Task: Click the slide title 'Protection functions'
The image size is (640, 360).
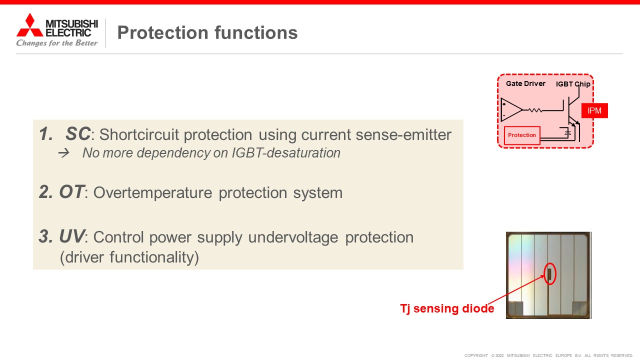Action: pyautogui.click(x=207, y=32)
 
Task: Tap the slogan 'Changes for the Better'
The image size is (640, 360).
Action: pyautogui.click(x=57, y=43)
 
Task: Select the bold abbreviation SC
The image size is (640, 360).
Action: pyautogui.click(x=78, y=133)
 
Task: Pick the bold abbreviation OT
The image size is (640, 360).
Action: pyautogui.click(x=71, y=191)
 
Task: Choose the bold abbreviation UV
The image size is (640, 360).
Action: pyautogui.click(x=71, y=236)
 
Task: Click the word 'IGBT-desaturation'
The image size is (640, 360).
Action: pyautogui.click(x=286, y=153)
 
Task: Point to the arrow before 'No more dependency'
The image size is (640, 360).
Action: pyautogui.click(x=63, y=153)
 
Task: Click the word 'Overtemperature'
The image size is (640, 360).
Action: pyautogui.click(x=153, y=193)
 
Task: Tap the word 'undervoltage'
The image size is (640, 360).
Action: pyautogui.click(x=293, y=237)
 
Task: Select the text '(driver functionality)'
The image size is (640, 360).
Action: pyautogui.click(x=129, y=257)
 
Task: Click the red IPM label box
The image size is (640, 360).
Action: pyautogui.click(x=594, y=110)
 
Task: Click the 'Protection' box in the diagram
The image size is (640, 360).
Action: pyautogui.click(x=522, y=135)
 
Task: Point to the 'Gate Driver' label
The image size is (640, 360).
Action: pyautogui.click(x=525, y=83)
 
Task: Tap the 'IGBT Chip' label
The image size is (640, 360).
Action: pyautogui.click(x=573, y=84)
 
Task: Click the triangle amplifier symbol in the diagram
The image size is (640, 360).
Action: pyautogui.click(x=511, y=109)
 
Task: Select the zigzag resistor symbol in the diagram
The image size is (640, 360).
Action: pyautogui.click(x=535, y=110)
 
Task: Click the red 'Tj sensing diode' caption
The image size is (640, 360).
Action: pyautogui.click(x=447, y=309)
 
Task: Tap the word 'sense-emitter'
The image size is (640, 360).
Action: pyautogui.click(x=403, y=134)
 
